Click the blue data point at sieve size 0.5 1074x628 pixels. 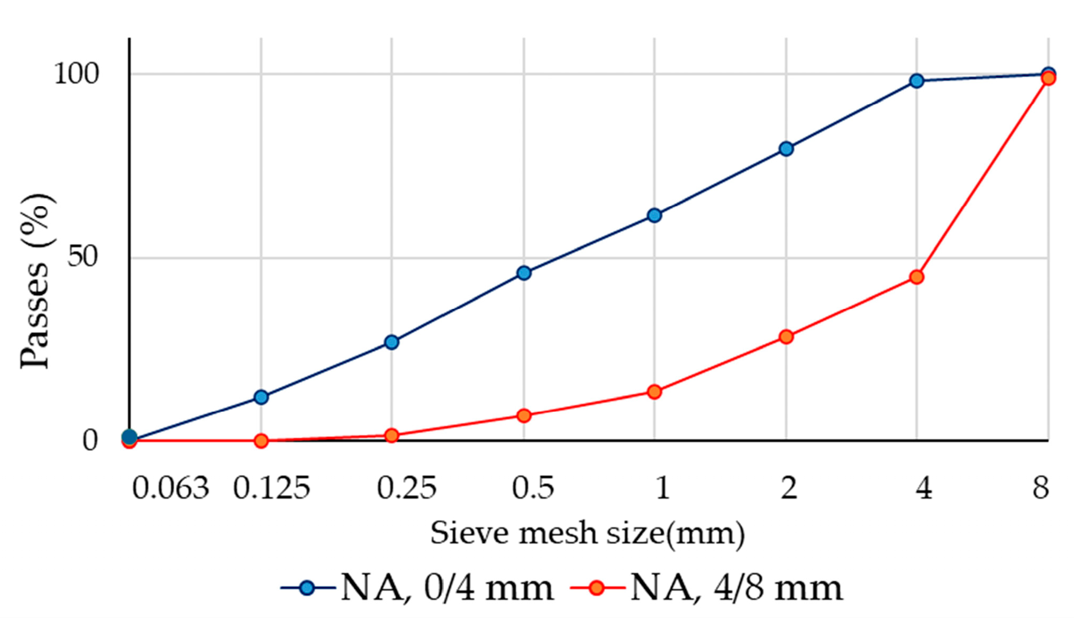(524, 273)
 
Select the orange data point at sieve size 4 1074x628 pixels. (917, 277)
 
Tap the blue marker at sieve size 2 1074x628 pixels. (786, 149)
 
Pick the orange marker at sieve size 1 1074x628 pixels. (654, 392)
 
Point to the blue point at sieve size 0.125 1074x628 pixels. (261, 397)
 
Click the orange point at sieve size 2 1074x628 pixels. (786, 337)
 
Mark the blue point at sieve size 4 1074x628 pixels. (917, 81)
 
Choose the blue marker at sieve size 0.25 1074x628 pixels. (392, 342)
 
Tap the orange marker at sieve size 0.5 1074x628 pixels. (524, 416)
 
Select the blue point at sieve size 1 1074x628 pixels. (654, 215)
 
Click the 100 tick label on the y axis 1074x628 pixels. (76, 74)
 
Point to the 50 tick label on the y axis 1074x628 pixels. (83, 258)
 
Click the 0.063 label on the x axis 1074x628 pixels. (170, 488)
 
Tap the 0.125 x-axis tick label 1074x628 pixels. (271, 488)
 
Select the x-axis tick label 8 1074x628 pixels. (1041, 488)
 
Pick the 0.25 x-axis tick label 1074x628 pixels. (406, 488)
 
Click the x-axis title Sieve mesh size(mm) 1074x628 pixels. (587, 533)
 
